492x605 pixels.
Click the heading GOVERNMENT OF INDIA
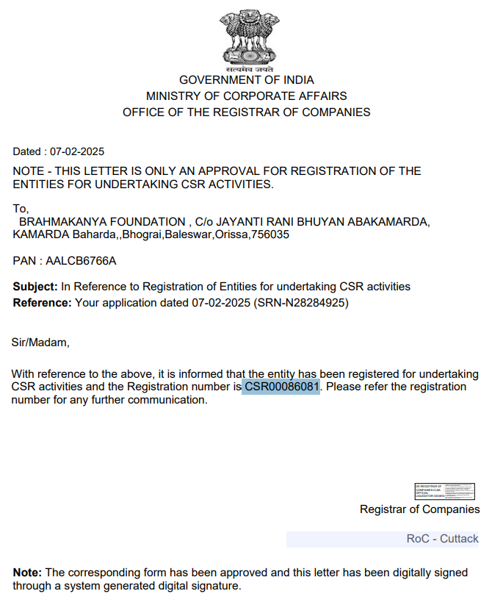coord(246,80)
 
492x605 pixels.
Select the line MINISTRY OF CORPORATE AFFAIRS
coord(246,96)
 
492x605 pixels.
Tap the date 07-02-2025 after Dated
coord(77,152)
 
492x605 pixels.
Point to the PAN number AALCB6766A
coord(81,261)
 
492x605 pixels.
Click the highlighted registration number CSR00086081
coord(282,387)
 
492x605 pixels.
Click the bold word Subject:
coord(35,287)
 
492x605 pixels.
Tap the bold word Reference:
coord(43,302)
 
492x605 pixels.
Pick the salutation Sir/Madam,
coord(40,342)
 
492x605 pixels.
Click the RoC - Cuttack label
coord(442,539)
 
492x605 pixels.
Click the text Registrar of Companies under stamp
coord(419,509)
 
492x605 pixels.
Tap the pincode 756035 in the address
coord(273,235)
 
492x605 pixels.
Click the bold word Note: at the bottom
coord(28,573)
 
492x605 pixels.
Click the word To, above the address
coord(21,208)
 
